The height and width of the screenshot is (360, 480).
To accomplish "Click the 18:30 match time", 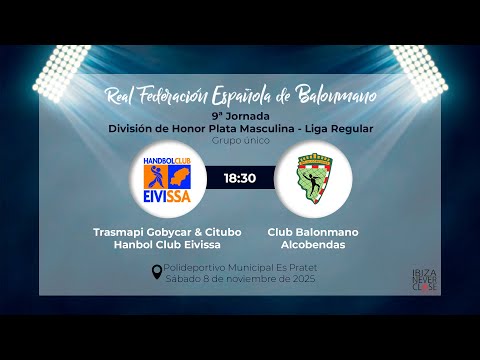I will (240, 178).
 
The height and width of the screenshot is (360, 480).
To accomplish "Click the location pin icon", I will (156, 272).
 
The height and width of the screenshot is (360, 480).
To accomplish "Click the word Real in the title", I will (123, 95).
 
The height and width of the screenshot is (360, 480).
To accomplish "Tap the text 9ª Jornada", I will (239, 116).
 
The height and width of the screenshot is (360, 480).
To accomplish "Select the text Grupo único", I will (239, 141).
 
